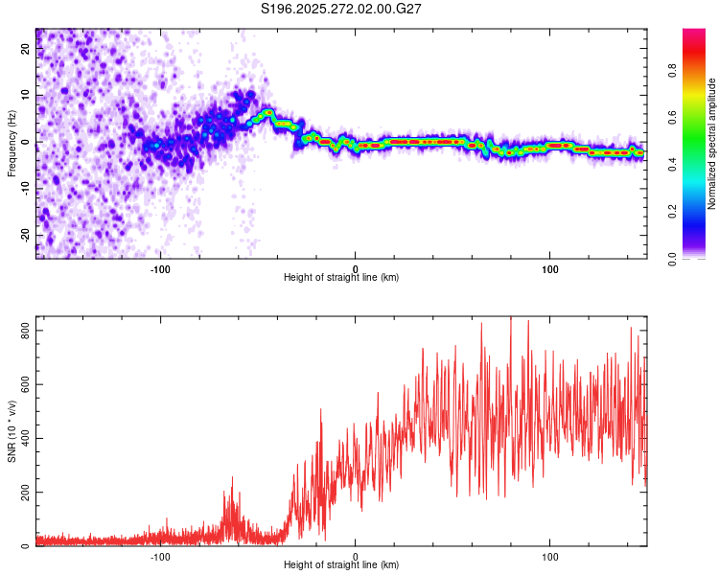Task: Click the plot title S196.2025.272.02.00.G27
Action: [342, 9]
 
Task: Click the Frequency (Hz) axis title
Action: [12, 144]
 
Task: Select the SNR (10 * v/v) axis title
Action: [12, 431]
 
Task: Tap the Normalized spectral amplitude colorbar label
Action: [712, 144]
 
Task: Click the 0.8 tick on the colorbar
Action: [672, 69]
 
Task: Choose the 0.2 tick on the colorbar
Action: [672, 211]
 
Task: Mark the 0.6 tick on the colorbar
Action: [672, 116]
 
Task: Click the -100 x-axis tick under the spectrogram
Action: [160, 268]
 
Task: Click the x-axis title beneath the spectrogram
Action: [341, 278]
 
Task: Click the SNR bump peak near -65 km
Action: [231, 478]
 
